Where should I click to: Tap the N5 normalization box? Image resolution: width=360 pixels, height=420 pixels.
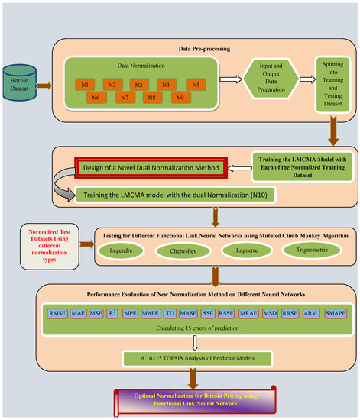click(195, 85)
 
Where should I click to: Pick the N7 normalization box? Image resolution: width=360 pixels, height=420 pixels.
click(124, 98)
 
